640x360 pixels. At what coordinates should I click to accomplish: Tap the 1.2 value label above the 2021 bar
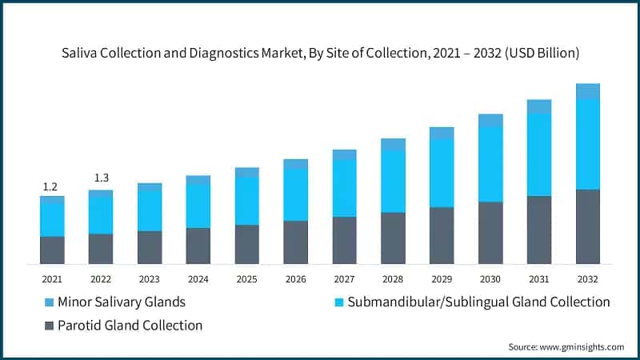50,187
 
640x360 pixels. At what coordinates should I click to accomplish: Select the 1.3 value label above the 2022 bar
101,178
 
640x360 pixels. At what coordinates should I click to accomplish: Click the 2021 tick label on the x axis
52,279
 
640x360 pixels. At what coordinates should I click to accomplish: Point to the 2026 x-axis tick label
295,279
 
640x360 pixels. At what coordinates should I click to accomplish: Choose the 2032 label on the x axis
587,279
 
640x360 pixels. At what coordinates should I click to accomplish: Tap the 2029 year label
442,279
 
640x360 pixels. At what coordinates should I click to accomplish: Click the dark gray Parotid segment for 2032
587,226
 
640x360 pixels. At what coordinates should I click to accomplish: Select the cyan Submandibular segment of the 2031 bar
538,154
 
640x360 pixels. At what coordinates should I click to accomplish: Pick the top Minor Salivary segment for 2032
587,90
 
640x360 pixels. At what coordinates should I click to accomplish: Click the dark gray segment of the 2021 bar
52,250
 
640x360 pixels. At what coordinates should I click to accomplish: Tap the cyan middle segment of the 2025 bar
246,201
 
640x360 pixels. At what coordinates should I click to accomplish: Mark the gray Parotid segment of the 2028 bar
393,238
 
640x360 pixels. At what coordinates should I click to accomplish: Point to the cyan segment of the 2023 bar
150,211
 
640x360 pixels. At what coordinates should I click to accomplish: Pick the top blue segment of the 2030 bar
490,120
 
